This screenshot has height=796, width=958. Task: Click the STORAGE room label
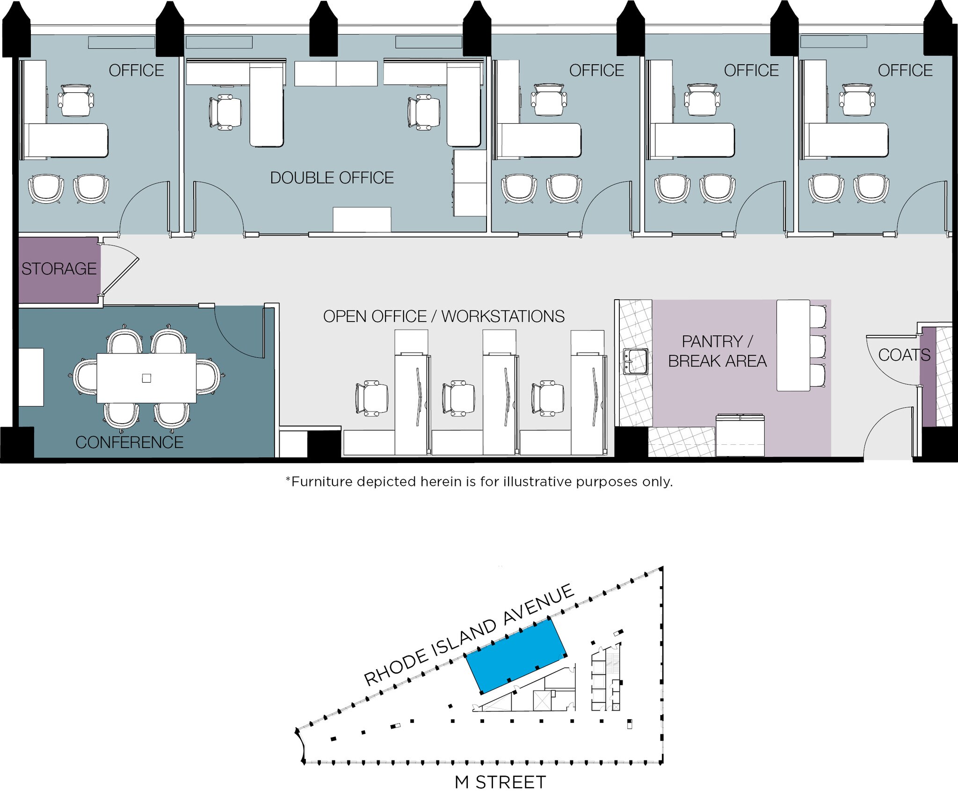click(59, 269)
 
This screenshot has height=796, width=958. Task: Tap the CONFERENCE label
click(129, 442)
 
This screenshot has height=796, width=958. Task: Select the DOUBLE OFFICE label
click(332, 178)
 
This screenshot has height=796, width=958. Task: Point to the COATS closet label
click(904, 355)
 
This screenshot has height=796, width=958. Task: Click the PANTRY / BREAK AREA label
click(717, 351)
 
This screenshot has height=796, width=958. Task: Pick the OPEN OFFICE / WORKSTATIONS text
click(443, 317)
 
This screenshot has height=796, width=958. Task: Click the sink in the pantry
click(635, 361)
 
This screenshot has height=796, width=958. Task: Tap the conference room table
click(146, 378)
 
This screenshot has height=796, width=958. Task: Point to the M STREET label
click(500, 782)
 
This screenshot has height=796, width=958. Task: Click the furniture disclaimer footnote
click(479, 482)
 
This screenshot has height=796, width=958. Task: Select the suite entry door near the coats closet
click(886, 433)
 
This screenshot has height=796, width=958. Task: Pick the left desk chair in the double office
click(226, 112)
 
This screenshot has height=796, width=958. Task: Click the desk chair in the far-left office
click(76, 100)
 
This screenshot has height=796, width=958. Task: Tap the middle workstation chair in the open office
click(458, 398)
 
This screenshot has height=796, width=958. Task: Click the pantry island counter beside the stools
click(793, 346)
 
